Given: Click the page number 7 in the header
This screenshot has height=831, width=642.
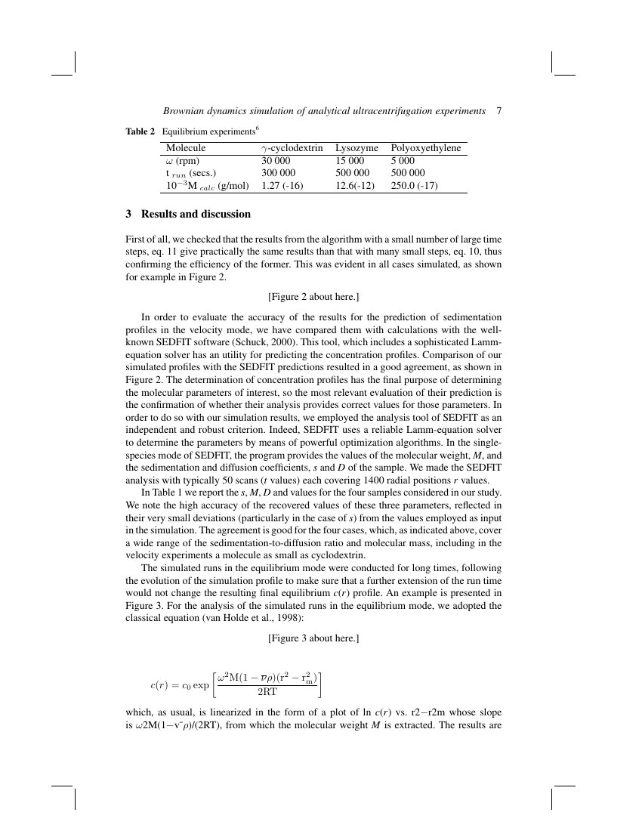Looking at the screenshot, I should click(499, 111).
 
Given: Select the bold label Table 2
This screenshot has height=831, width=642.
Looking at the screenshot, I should click(140, 131).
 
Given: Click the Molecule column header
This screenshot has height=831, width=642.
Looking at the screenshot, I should click(186, 149).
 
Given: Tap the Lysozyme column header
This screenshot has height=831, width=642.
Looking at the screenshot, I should click(358, 149).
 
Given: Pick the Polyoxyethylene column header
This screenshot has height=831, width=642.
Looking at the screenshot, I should click(425, 149).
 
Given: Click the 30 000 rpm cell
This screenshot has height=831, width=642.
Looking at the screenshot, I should click(276, 161).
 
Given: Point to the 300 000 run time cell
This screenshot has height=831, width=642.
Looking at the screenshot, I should click(279, 173).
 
